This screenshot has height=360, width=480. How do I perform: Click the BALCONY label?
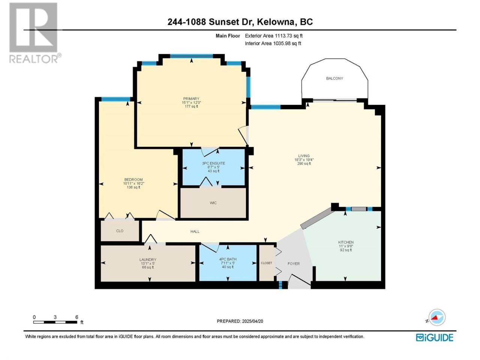click(334, 78)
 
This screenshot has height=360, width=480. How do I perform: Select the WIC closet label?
click(213, 203)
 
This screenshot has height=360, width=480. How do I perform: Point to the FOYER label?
click(294, 264)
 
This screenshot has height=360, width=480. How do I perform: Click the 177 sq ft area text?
click(191, 106)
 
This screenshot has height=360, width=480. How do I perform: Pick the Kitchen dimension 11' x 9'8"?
click(346, 246)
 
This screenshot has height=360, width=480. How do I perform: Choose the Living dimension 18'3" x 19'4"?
click(304, 160)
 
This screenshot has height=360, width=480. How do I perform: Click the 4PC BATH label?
click(228, 259)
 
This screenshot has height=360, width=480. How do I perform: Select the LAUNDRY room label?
click(148, 259)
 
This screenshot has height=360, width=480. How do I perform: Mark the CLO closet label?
click(120, 231)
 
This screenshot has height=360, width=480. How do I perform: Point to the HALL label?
click(195, 231)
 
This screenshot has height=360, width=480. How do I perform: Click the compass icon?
click(436, 317)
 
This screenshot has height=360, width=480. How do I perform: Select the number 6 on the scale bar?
click(76, 317)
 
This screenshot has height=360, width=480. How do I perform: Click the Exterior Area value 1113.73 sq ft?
click(289, 36)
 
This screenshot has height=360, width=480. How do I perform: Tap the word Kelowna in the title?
click(275, 22)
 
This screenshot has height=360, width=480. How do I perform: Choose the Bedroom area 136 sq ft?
click(133, 187)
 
